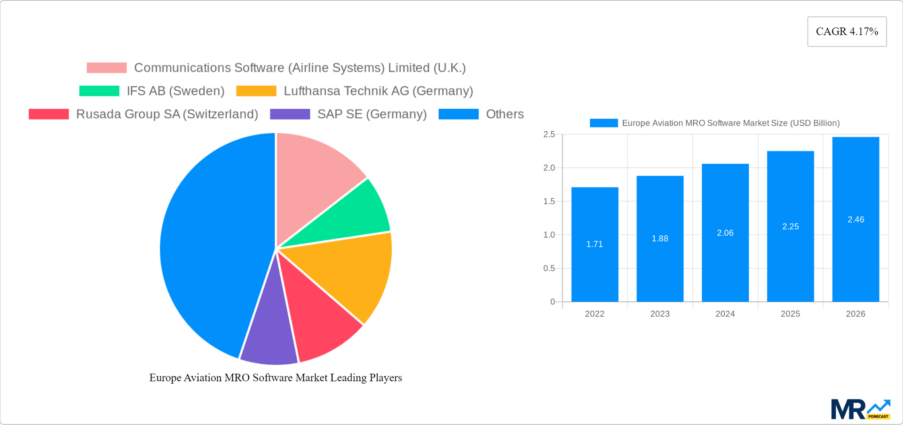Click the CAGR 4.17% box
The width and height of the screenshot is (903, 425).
[x=847, y=32]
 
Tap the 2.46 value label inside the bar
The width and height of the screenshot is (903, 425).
[x=855, y=219]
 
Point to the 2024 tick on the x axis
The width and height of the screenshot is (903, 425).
[x=725, y=314]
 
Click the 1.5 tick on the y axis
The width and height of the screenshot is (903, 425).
[x=549, y=201]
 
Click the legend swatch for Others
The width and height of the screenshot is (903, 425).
[x=459, y=114]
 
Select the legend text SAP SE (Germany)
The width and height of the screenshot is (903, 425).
[x=372, y=114]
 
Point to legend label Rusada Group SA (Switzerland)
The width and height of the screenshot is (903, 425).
[x=167, y=114]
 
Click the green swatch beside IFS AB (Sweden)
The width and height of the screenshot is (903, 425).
[x=99, y=91]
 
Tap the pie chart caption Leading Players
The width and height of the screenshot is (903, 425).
[x=276, y=377]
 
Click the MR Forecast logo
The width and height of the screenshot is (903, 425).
[x=860, y=409]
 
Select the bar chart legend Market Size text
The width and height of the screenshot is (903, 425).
[x=730, y=123]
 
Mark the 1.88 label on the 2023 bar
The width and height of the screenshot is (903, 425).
[x=659, y=239]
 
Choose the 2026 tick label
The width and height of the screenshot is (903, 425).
[x=855, y=314]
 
